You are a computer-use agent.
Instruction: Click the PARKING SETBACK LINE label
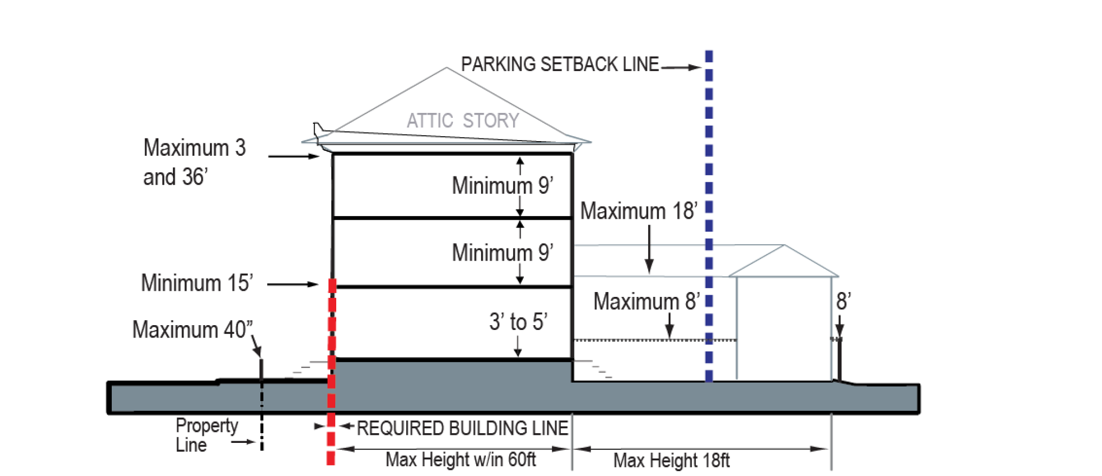pyautogui.click(x=560, y=65)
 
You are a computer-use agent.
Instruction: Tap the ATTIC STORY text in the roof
pyautogui.click(x=463, y=120)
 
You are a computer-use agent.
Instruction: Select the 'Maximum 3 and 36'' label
pyautogui.click(x=194, y=162)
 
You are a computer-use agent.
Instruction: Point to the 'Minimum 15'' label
pyautogui.click(x=197, y=283)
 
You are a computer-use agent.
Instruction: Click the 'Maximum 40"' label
pyautogui.click(x=192, y=330)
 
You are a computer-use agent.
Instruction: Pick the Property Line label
pyautogui.click(x=206, y=435)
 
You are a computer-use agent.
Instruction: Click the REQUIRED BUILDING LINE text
pyautogui.click(x=462, y=428)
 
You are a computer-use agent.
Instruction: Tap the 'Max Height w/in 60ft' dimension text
pyautogui.click(x=460, y=460)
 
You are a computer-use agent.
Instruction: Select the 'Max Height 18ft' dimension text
pyautogui.click(x=671, y=461)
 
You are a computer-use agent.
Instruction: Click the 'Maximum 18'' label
pyautogui.click(x=639, y=211)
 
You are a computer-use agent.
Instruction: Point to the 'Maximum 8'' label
pyautogui.click(x=646, y=302)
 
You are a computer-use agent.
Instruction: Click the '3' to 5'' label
pyautogui.click(x=518, y=322)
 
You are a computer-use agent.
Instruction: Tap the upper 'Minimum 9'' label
pyautogui.click(x=502, y=186)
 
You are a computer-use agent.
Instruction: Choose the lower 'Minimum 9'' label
pyautogui.click(x=502, y=253)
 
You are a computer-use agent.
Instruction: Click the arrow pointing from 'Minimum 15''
pyautogui.click(x=293, y=284)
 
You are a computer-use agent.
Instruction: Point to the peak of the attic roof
pyautogui.click(x=446, y=68)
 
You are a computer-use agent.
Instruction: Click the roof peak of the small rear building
pyautogui.click(x=784, y=246)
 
